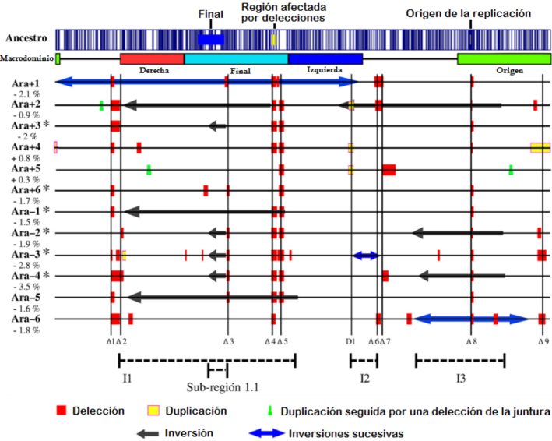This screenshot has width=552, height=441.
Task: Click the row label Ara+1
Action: [x=26, y=82]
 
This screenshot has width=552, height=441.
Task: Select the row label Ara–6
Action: [x=26, y=319]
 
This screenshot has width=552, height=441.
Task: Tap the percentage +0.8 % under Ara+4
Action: [x=25, y=158]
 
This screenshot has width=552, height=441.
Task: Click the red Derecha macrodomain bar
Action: [x=152, y=59]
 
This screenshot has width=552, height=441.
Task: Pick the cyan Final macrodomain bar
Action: [x=236, y=59]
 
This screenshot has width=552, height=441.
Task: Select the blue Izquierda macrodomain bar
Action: [x=325, y=59]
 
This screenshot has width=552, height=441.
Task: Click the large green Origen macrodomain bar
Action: [x=503, y=59]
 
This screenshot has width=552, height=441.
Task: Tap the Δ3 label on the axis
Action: [x=227, y=341]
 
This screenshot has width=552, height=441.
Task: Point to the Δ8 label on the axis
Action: [x=471, y=341]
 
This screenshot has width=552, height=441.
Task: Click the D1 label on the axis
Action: [x=350, y=341]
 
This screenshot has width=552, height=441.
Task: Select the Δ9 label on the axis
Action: [x=543, y=341]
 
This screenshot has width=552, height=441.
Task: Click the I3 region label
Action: [x=461, y=379]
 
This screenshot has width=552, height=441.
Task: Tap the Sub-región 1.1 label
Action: [x=223, y=387]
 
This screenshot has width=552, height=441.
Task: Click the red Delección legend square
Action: [x=62, y=410]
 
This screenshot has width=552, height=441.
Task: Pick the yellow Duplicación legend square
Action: [x=153, y=410]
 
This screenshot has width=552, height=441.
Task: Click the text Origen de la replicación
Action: [x=469, y=13]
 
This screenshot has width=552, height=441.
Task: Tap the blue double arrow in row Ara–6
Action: [x=470, y=318]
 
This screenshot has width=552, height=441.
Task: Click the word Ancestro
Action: [x=26, y=37]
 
